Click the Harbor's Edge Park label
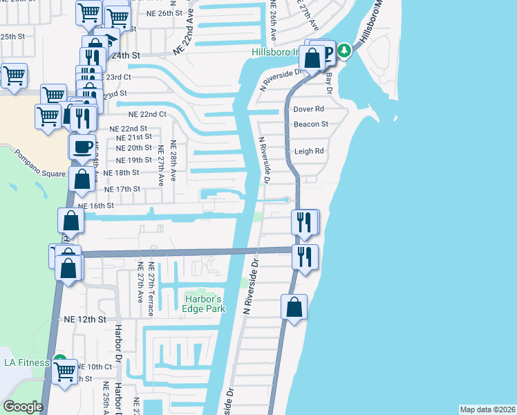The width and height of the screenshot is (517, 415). (204, 304)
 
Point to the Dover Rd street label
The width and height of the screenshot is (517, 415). (308, 109)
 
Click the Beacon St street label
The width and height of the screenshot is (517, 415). (310, 124)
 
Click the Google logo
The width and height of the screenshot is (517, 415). (22, 407)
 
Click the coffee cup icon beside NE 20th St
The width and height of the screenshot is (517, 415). (82, 147)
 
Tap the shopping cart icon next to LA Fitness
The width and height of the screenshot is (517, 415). (65, 371)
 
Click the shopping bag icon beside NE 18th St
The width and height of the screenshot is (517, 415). (82, 180)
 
